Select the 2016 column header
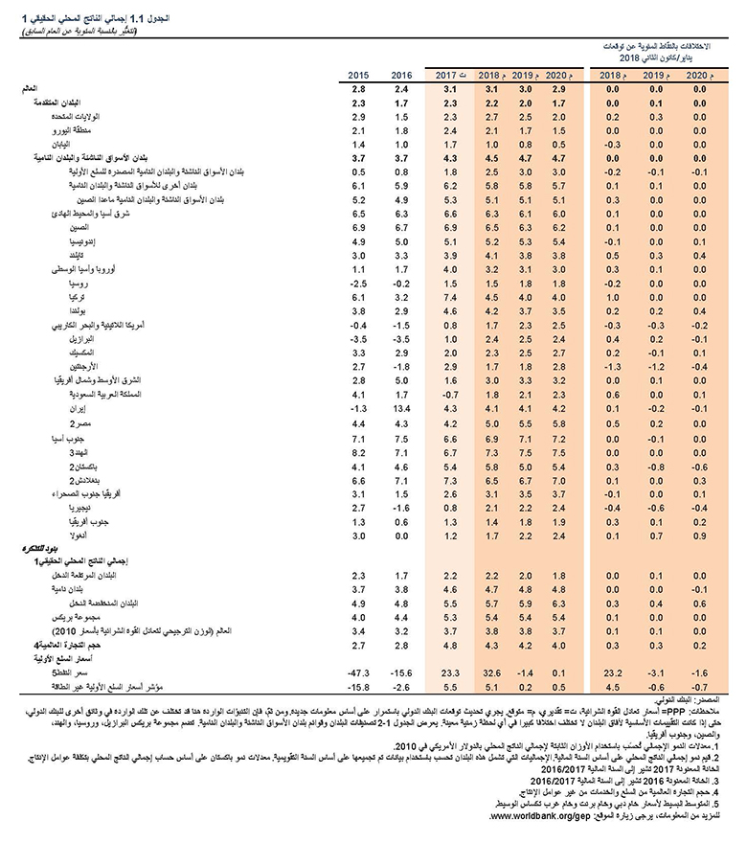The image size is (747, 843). pos(401,75)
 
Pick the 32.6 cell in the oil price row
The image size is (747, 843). pos(488,674)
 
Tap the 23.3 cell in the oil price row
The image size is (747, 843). pos(447,674)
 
